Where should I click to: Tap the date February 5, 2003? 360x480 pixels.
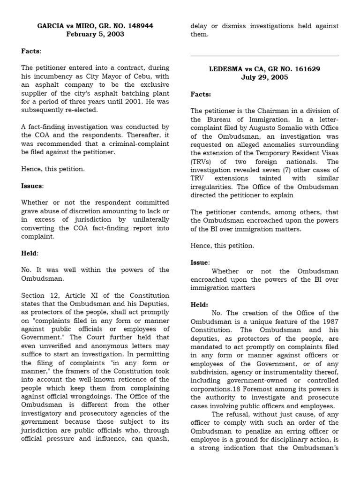(95, 34)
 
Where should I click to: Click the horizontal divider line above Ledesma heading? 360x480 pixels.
(264, 56)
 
